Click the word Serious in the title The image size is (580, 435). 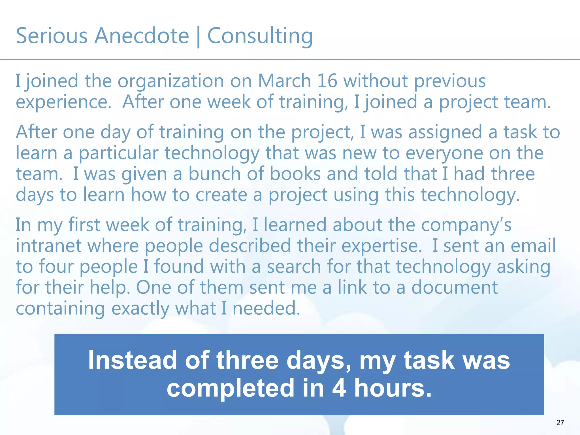coord(52,36)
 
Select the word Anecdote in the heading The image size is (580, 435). coord(142,36)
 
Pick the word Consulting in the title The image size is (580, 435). coord(260,36)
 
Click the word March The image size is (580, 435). coord(284,81)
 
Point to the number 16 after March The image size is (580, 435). coord(327,81)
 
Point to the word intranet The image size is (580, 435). coord(48,246)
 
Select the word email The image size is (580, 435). coord(533,246)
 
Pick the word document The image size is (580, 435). coord(454,287)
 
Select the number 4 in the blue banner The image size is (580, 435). coord(339,388)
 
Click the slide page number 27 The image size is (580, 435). coord(560,423)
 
